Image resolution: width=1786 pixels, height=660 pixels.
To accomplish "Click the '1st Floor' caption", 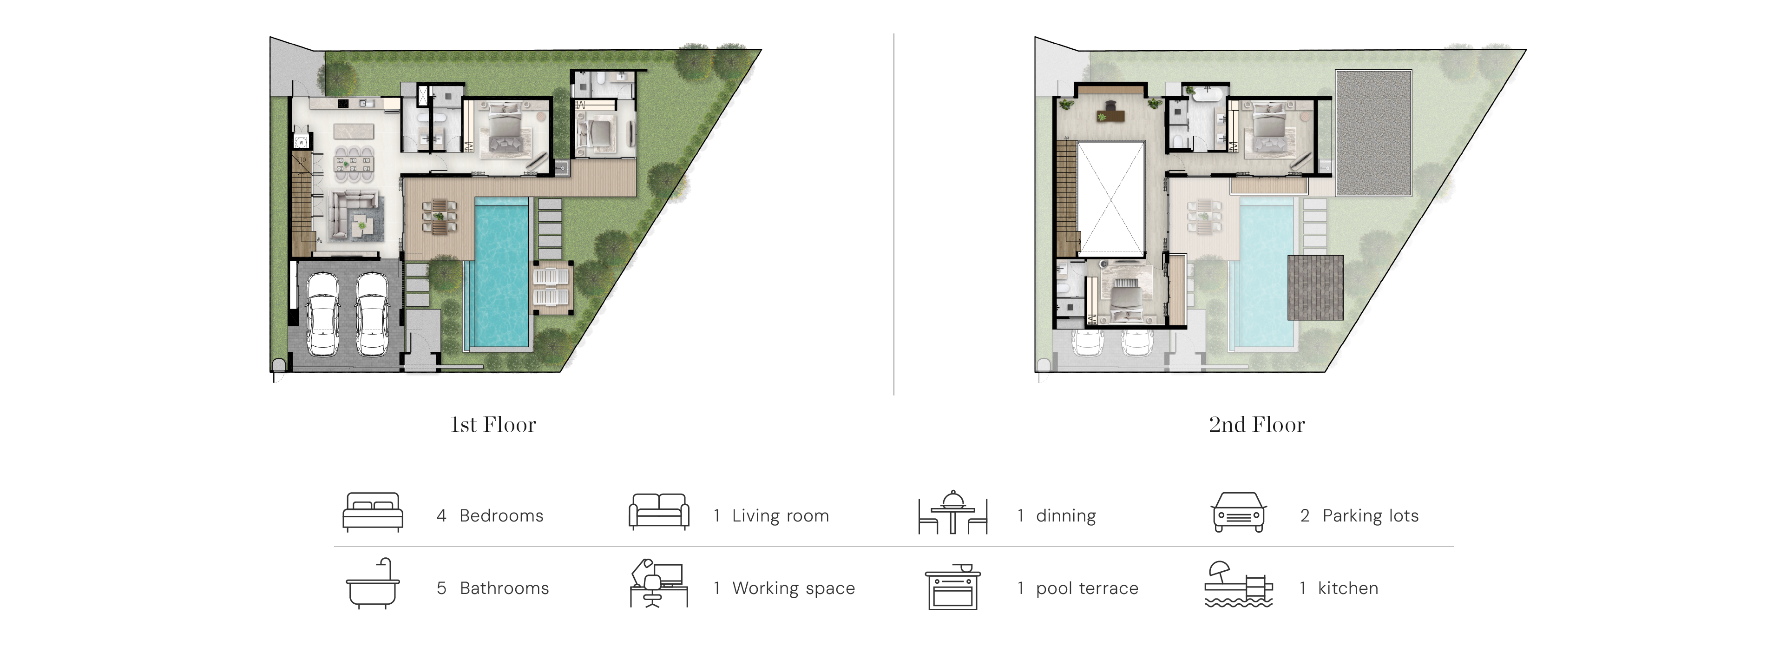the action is pos(493,424).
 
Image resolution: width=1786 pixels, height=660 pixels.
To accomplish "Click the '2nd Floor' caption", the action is pos(1256,424).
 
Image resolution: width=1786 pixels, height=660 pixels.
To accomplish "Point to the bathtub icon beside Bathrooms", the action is pos(373,584).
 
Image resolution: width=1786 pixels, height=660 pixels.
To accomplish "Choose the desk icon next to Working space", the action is pos(659,584).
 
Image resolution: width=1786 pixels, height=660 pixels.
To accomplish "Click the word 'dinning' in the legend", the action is pos(1066,516).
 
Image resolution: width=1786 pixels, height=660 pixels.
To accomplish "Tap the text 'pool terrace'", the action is pos(1087,588).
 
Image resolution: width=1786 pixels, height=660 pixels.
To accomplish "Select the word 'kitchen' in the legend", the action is pos(1348,588).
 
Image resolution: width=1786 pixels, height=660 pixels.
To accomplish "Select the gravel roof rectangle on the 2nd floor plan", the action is pos(1373,133).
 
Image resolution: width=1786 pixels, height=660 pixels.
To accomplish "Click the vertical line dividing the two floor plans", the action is pos(893,214).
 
